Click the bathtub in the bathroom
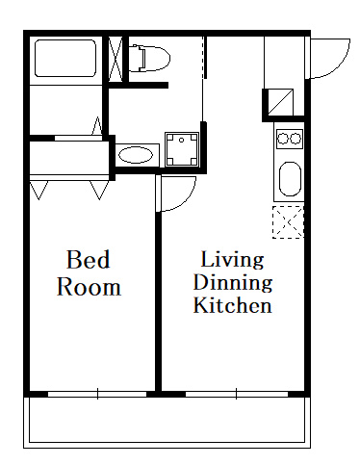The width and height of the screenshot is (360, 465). pos(65,58)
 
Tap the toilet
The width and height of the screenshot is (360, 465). pos(149,58)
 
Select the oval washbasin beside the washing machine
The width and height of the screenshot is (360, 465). pos(136,155)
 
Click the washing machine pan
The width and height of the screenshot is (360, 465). pos(182,149)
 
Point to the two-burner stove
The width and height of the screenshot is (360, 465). pos(290,139)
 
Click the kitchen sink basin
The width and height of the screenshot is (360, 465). pos(290,179)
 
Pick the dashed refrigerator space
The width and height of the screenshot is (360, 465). pos(288,222)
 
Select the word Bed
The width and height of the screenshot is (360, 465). pos(88,259)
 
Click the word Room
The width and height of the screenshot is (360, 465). pos(89,287)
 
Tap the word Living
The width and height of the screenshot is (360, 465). pos(232,260)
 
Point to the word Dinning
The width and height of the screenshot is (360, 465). pos(233,282)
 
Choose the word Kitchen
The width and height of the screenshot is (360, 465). pos(233,305)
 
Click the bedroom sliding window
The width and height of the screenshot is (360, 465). pos(97,394)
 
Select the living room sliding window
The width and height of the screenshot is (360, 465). pos(237,394)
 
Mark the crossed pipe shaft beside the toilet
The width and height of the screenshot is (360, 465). pos(116,59)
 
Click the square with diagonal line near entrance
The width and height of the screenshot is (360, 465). pos(280,102)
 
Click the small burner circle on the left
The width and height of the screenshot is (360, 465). pos(283,139)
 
